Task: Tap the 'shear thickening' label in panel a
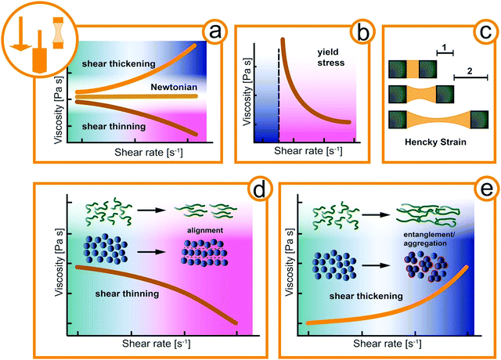click(117, 63)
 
